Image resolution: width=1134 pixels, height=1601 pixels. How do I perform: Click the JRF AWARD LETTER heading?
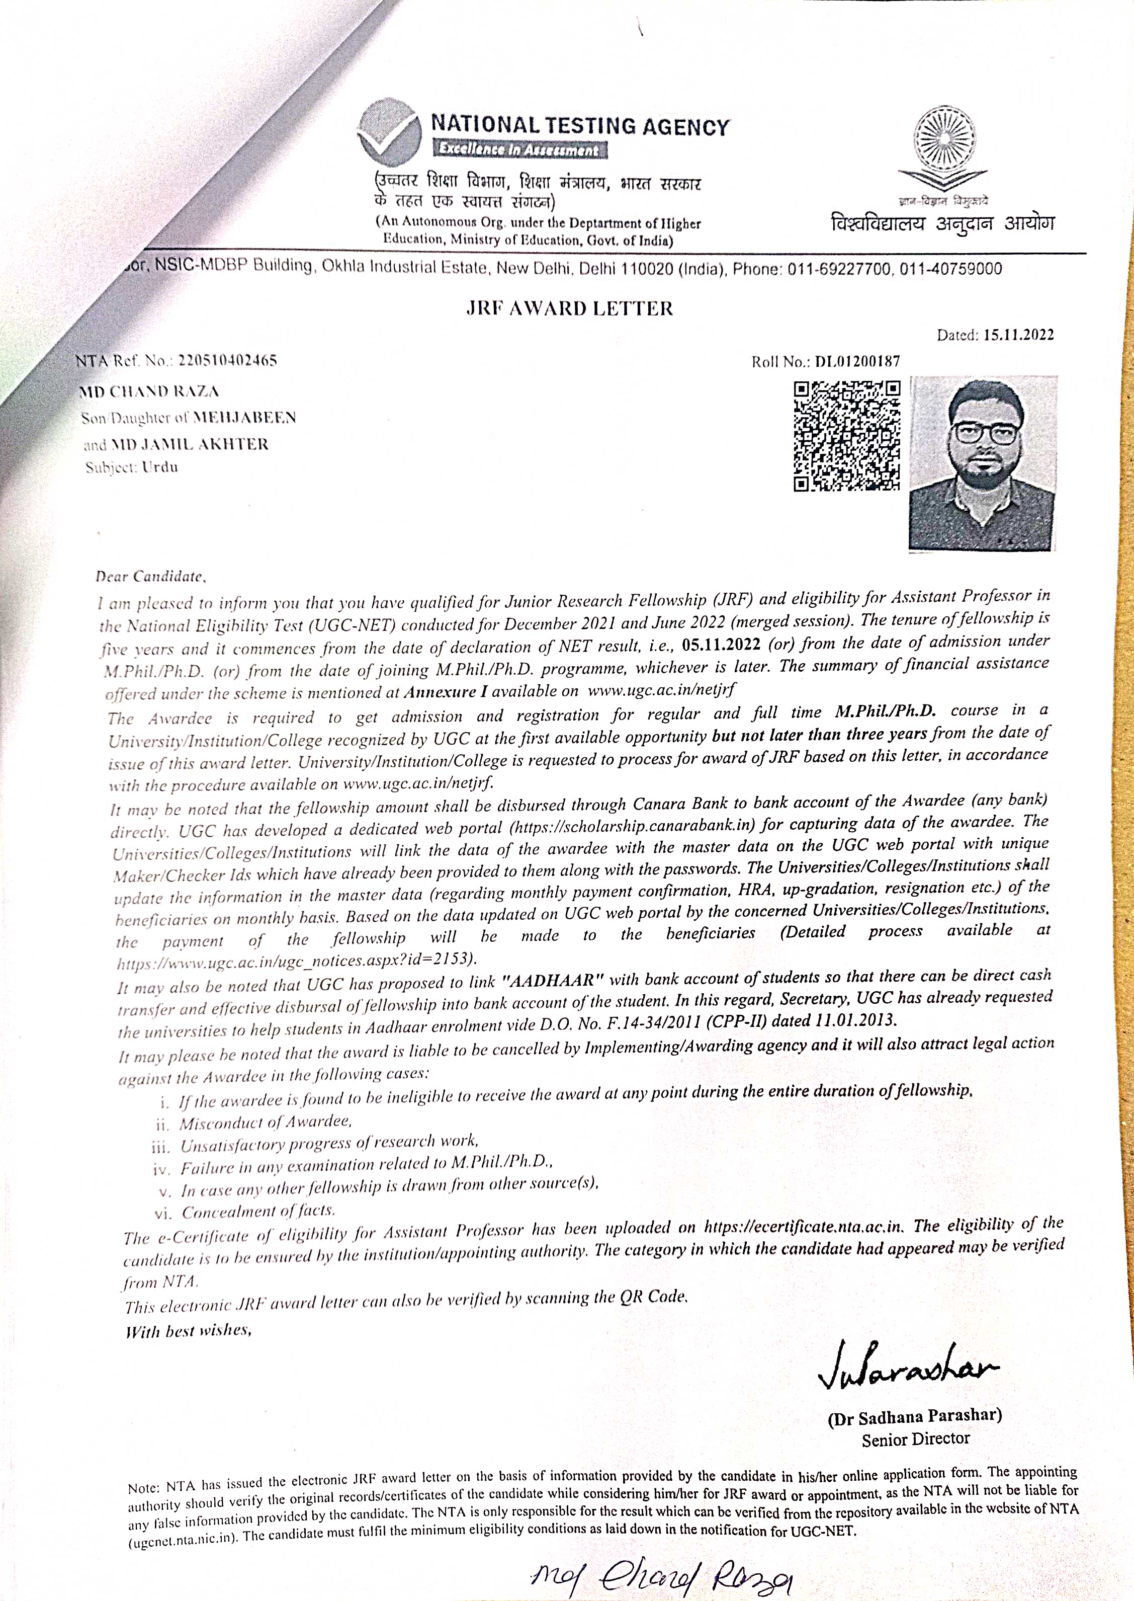point(569,309)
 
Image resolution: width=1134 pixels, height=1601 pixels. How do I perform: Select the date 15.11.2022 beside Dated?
point(1018,335)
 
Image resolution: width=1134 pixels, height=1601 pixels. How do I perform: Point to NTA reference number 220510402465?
point(228,360)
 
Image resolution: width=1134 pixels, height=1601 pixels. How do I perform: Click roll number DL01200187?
point(857,361)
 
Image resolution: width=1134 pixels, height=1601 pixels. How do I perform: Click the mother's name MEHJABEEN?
point(244,418)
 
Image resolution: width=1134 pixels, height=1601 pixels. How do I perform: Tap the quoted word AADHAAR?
point(552,979)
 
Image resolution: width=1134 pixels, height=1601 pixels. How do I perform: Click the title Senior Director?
point(915,1439)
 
